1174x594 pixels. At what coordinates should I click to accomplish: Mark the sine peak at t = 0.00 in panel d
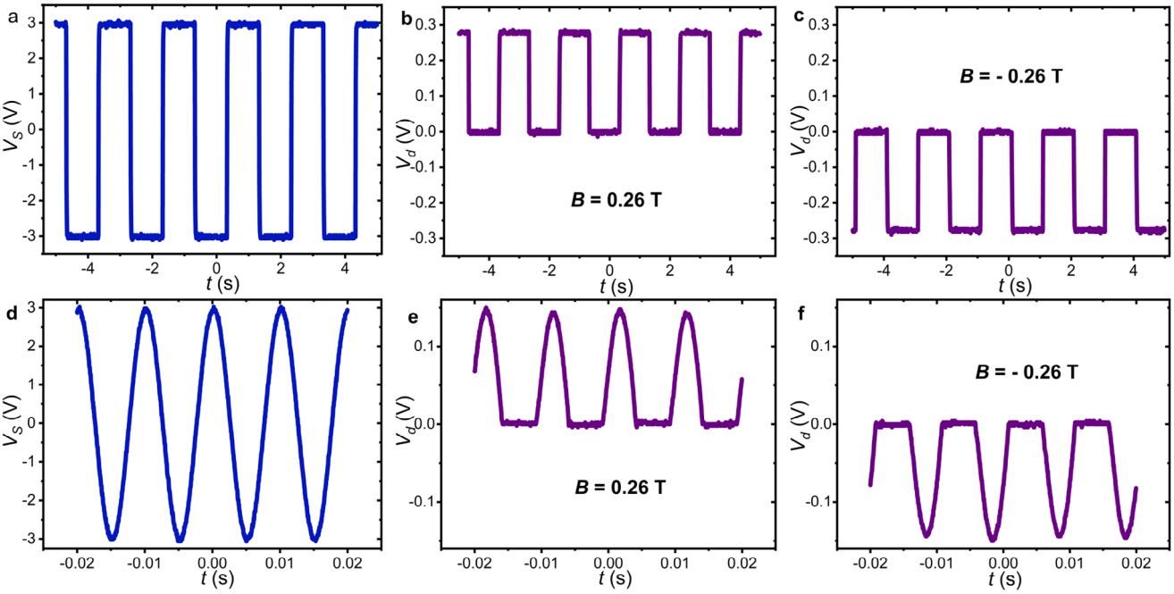[213, 308]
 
